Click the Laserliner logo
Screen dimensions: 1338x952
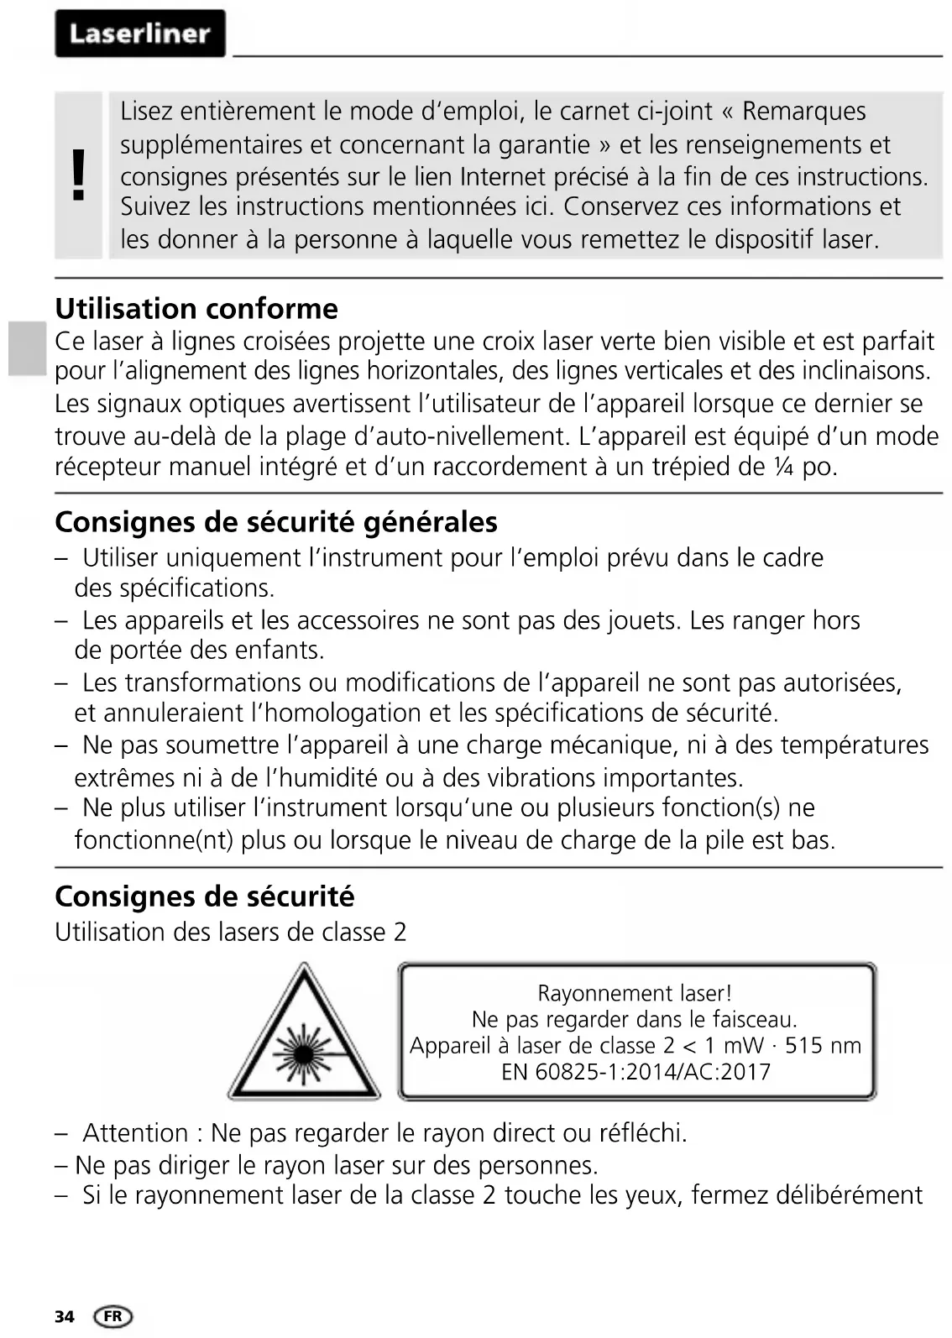click(139, 34)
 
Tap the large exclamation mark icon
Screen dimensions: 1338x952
click(79, 175)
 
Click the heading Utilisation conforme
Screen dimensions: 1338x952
click(196, 309)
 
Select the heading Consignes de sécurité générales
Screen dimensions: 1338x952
click(276, 522)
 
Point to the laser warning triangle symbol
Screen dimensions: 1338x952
click(303, 1035)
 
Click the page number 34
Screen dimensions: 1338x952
click(64, 1316)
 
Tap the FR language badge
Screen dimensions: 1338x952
click(113, 1316)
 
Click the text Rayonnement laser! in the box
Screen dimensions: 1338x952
click(635, 994)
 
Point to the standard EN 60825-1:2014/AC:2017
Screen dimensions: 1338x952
click(636, 1072)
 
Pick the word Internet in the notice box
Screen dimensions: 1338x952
click(507, 177)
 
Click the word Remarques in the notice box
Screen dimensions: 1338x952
click(804, 112)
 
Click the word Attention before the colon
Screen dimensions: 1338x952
click(136, 1133)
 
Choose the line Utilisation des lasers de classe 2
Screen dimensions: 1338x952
click(231, 933)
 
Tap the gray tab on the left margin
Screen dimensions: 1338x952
click(28, 348)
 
